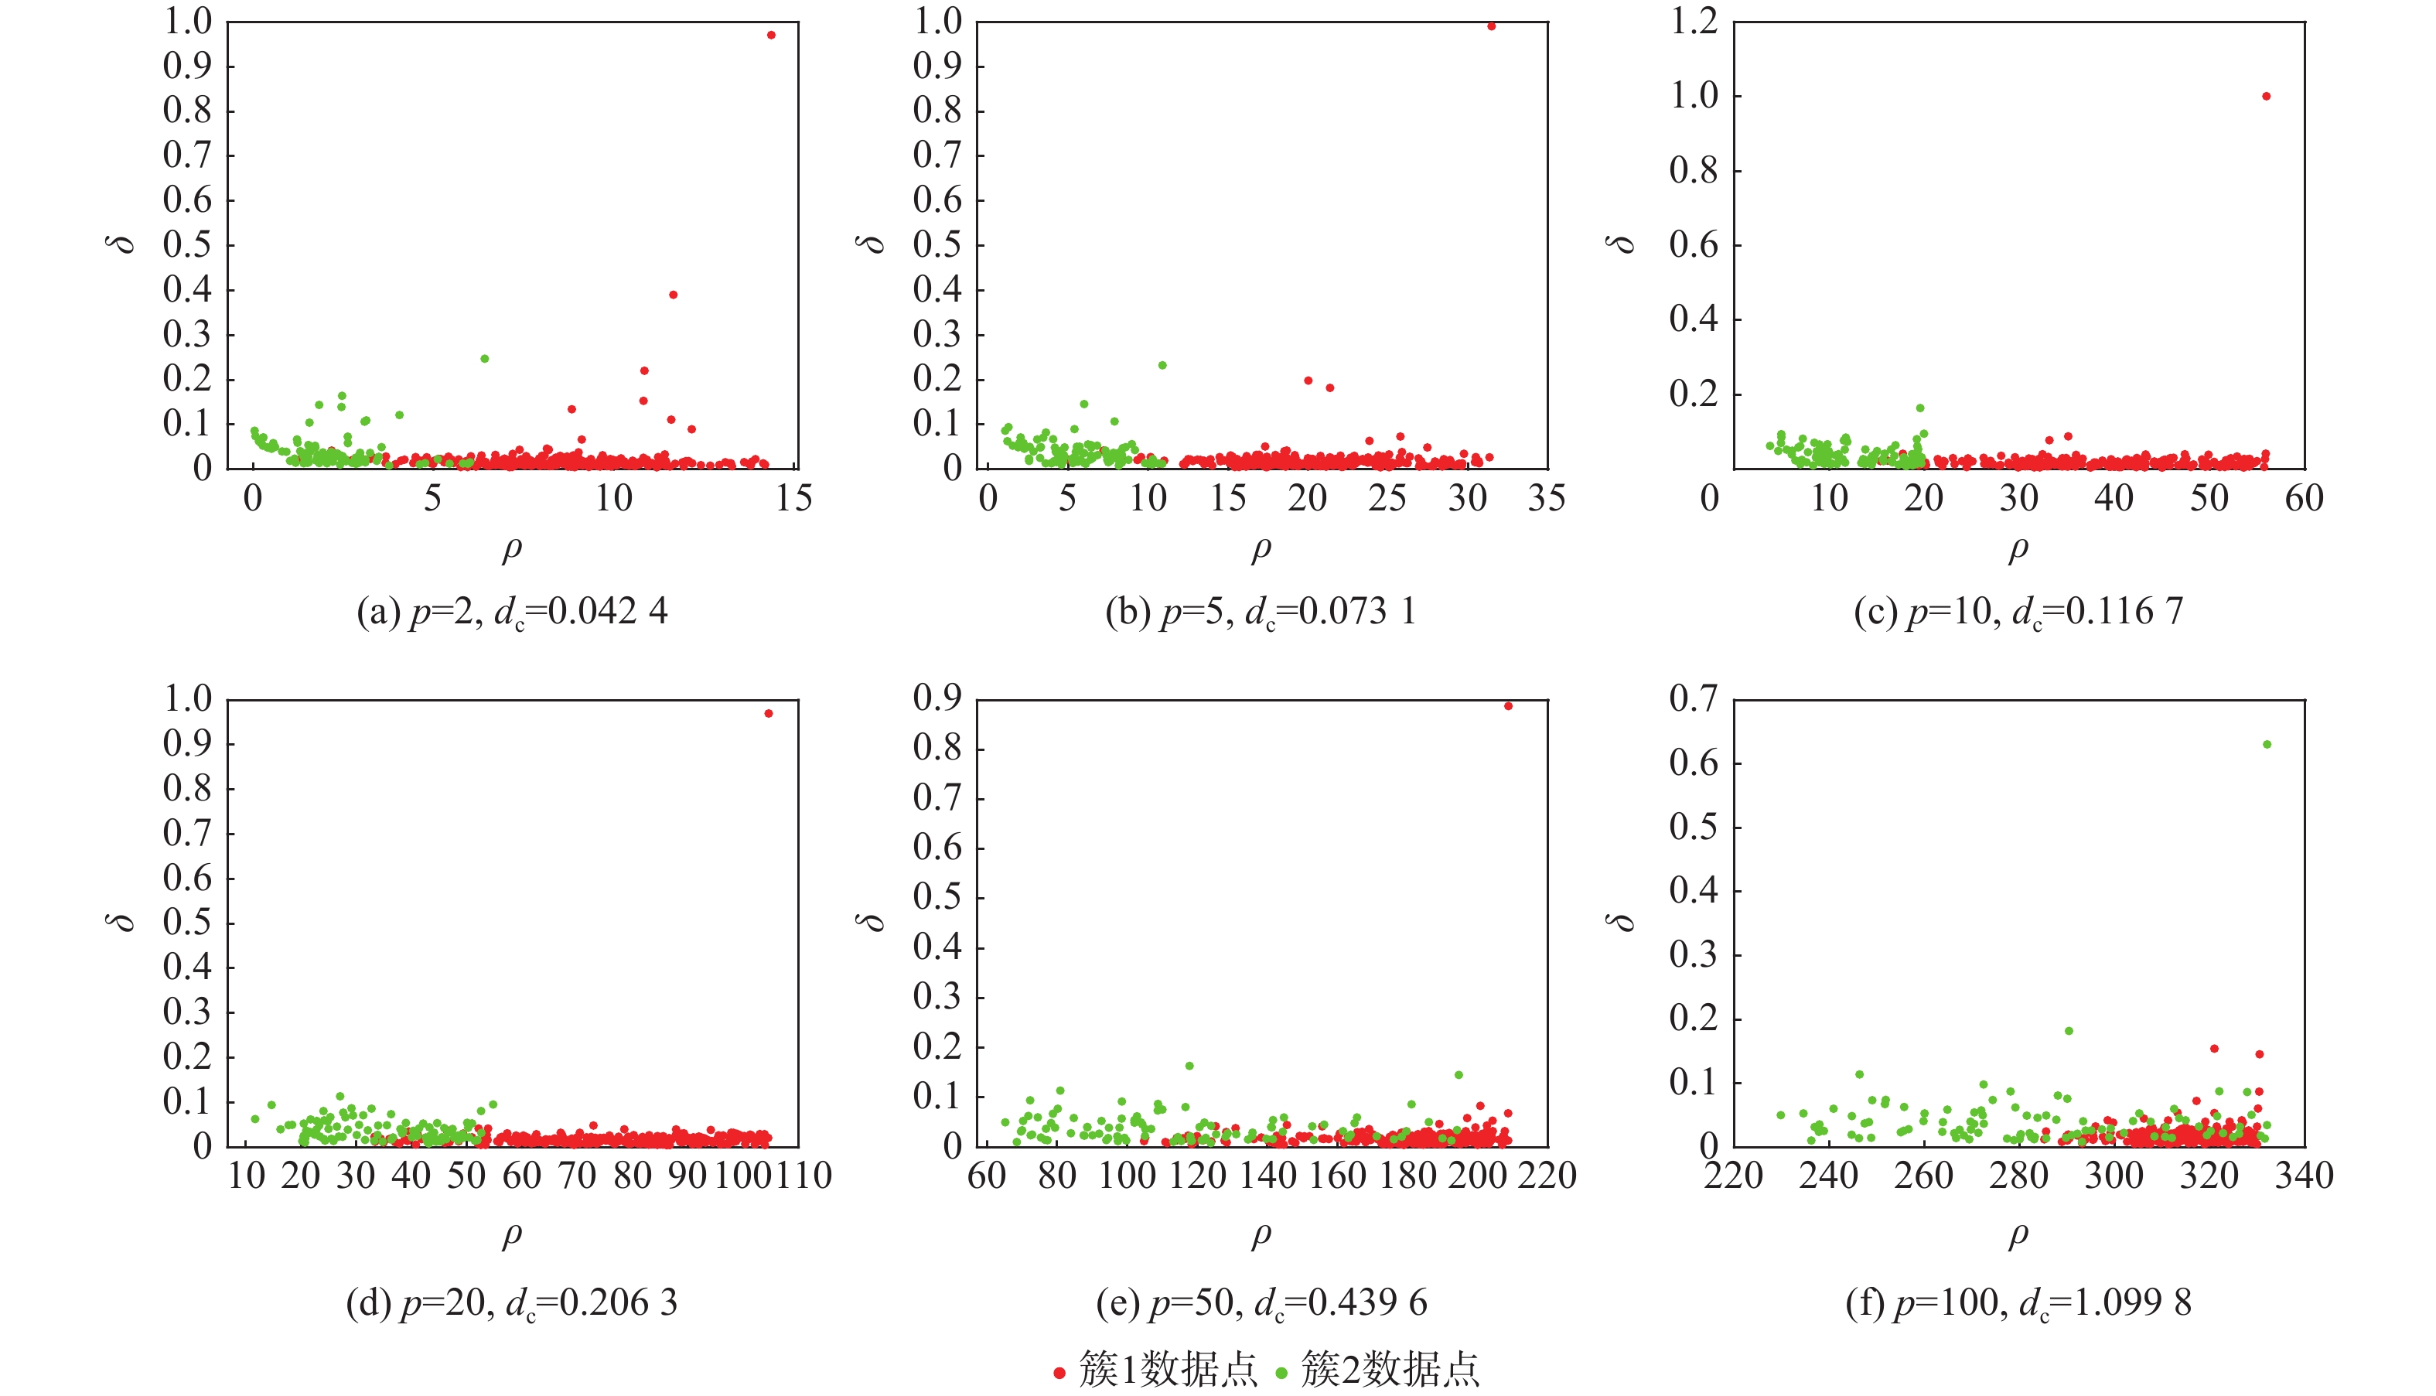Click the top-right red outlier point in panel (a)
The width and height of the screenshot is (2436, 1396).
tap(771, 36)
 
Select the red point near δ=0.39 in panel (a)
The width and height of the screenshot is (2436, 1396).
tap(673, 295)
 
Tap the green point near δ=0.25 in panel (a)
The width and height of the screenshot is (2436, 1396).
tap(484, 359)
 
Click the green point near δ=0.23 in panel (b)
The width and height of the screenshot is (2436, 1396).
tap(1162, 365)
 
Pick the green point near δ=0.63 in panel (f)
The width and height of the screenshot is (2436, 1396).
tap(2267, 744)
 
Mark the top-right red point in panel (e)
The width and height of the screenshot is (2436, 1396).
tap(1508, 705)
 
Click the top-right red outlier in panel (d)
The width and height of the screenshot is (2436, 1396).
tap(768, 713)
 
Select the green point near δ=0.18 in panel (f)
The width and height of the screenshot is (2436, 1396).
tap(2069, 1031)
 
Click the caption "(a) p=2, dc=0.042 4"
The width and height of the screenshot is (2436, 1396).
tap(512, 612)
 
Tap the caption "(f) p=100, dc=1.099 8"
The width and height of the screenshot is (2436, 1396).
tap(2018, 1303)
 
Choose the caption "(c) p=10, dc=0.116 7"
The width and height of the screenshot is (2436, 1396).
tap(2018, 612)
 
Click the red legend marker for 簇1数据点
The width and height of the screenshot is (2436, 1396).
tap(1059, 1374)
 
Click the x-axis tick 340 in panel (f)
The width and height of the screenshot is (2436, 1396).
tap(2304, 1176)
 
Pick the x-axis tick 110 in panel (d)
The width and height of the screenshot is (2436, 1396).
tap(803, 1176)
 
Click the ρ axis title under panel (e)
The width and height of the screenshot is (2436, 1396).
tap(1261, 1235)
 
